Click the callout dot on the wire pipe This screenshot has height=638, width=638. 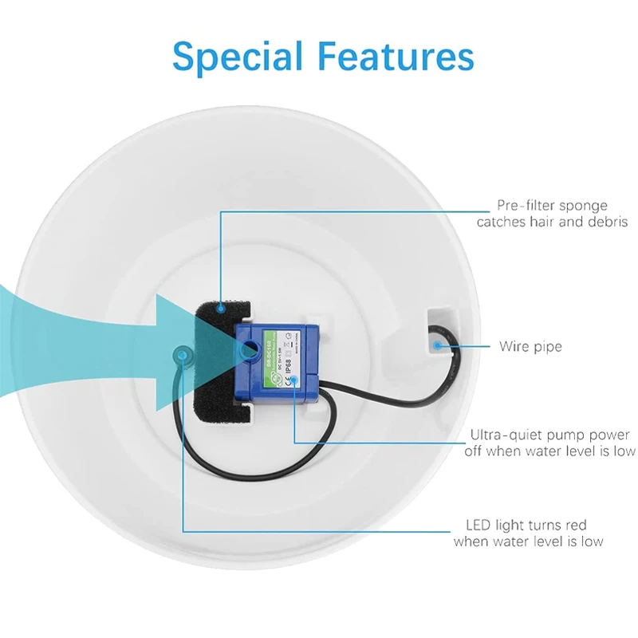pyautogui.click(x=437, y=345)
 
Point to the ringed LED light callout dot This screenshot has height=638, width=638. pyautogui.click(x=183, y=354)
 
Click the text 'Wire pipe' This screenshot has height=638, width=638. pyautogui.click(x=530, y=347)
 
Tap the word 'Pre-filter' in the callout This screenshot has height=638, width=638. pyautogui.click(x=524, y=205)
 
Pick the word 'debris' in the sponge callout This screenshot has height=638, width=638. pyautogui.click(x=605, y=222)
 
